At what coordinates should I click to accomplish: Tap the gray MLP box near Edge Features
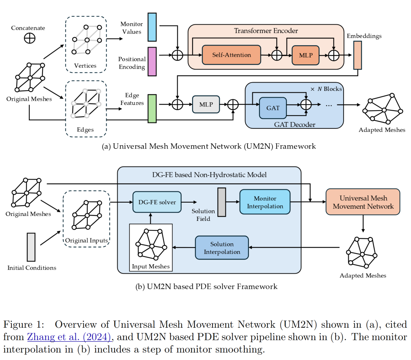point(206,104)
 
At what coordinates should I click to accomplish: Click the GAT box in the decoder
point(273,108)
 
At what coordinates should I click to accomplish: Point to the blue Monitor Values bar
point(152,27)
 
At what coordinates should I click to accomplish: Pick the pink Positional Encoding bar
point(152,62)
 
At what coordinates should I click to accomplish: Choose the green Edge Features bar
point(152,109)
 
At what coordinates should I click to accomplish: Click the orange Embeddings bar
point(357,55)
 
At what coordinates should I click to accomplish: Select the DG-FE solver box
point(157,202)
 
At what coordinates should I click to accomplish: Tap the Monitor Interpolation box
point(265,202)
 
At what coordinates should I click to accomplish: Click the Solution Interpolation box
point(222,248)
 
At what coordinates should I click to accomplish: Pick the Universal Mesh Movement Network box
point(363,202)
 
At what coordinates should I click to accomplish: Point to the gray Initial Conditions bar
point(31,247)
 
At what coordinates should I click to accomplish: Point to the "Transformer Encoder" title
point(266,31)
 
